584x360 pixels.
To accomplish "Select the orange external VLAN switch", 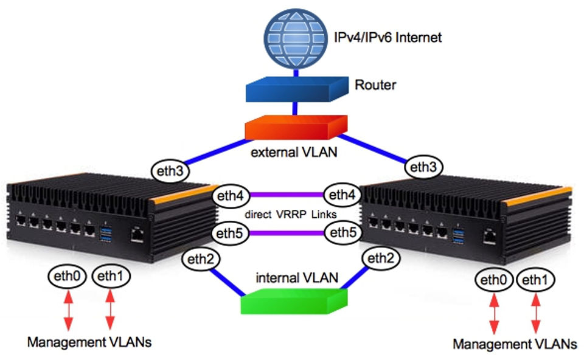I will [296, 126].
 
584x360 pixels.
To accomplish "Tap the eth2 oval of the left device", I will [200, 259].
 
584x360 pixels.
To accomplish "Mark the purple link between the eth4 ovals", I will [287, 195].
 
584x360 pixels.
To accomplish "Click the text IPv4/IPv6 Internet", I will [387, 38].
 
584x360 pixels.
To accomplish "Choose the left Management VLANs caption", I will [89, 342].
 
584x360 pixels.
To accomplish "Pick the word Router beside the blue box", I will [375, 85].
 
